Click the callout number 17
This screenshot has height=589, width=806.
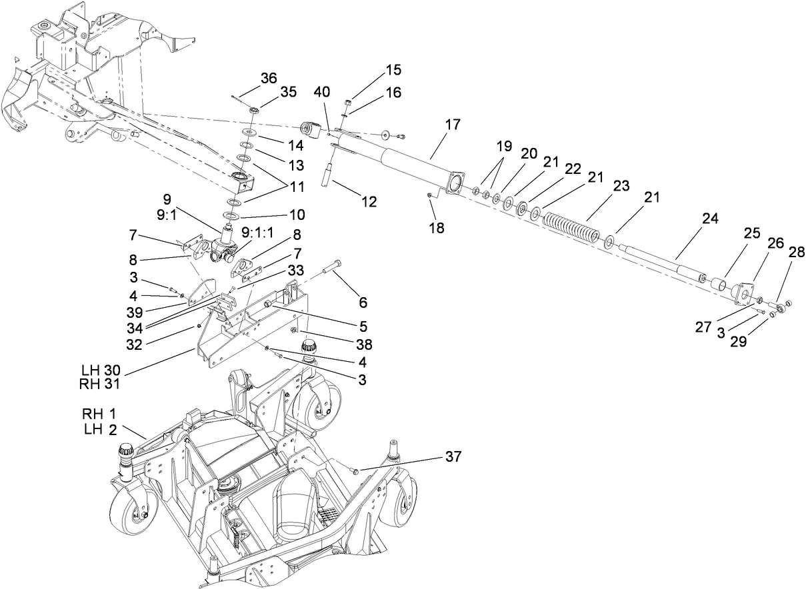tap(453, 124)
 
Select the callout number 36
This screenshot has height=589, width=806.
tap(269, 78)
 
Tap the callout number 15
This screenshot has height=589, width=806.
tap(393, 70)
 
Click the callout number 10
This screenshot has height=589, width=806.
tap(297, 215)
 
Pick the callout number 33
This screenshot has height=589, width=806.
tap(295, 269)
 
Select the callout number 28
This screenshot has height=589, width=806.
tap(796, 253)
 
